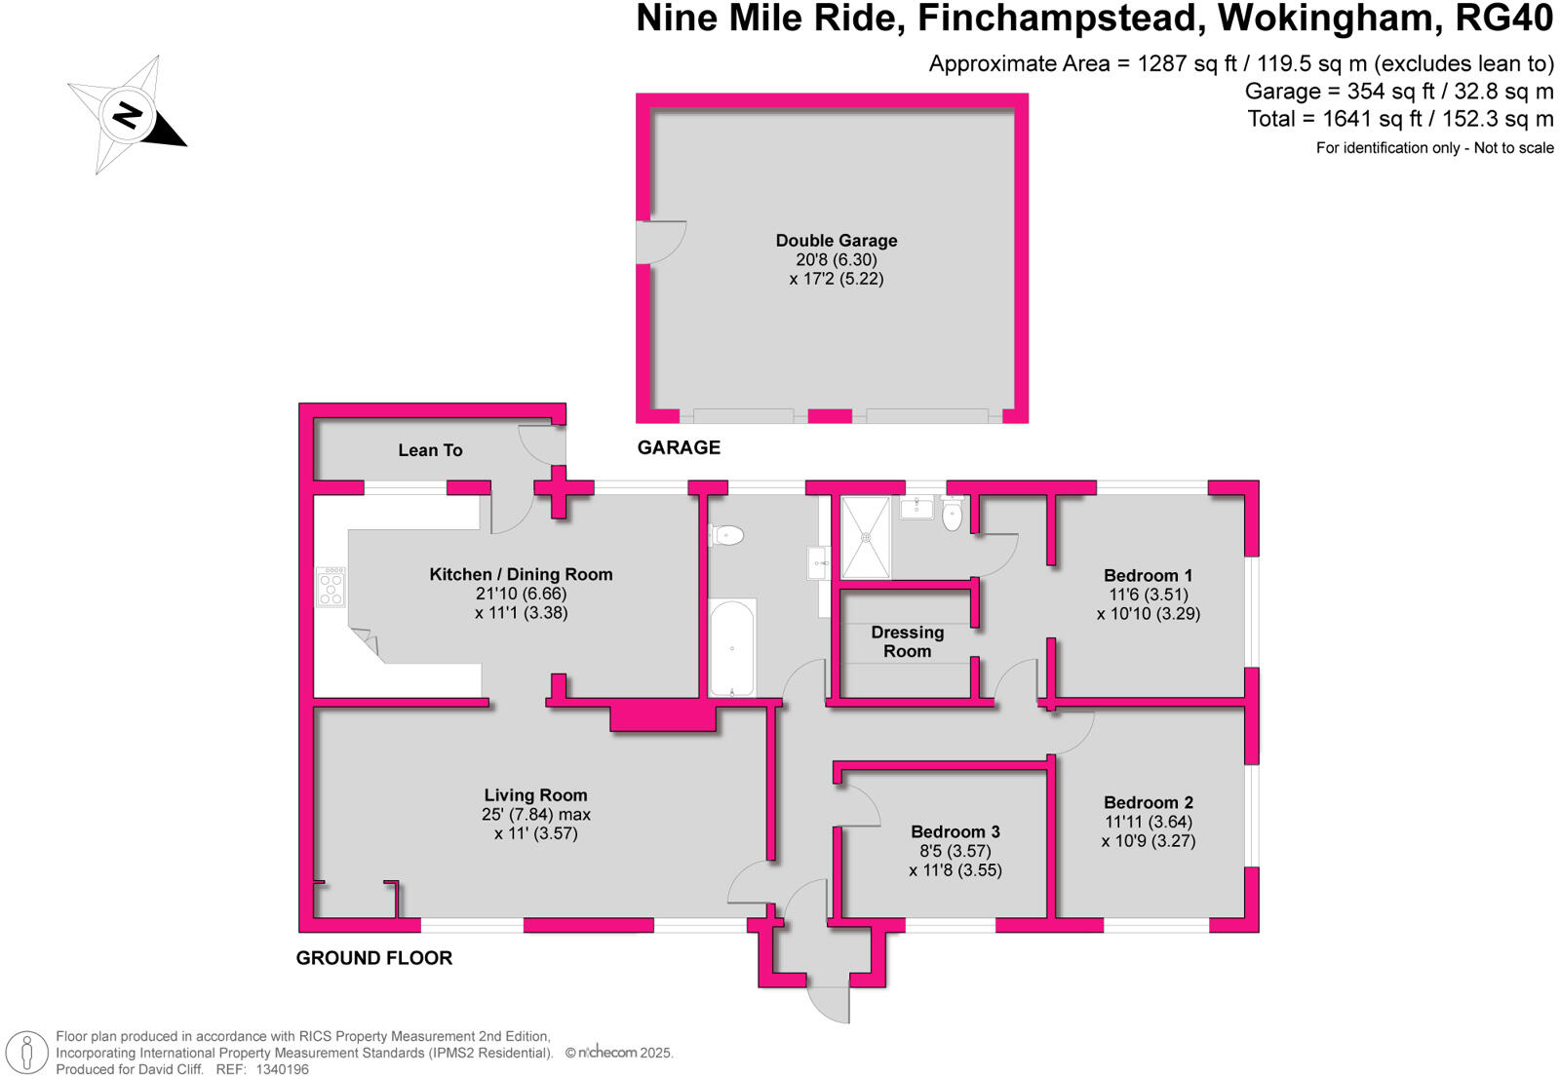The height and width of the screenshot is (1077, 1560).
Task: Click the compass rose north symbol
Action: (x=128, y=115)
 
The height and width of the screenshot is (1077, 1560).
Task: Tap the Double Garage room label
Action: (x=836, y=241)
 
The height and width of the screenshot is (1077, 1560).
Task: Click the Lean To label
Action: (x=430, y=450)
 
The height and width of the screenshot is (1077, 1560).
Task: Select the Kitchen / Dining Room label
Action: (x=521, y=575)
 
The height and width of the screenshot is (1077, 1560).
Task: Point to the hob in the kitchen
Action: (x=331, y=588)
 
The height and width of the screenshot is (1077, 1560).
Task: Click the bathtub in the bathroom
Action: (x=731, y=648)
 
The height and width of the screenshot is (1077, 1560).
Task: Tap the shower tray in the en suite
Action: (x=865, y=537)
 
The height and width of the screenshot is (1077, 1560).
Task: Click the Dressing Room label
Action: (x=907, y=642)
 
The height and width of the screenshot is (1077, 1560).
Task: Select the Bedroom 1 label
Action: (x=1148, y=576)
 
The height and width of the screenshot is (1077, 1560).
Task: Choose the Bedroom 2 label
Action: (x=1148, y=803)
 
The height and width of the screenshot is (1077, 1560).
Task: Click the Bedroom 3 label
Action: (x=955, y=832)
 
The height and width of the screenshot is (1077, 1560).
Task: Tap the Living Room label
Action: (x=535, y=795)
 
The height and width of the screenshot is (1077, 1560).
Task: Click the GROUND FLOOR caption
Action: (x=374, y=958)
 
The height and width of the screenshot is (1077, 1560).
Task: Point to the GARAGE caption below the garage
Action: (x=679, y=447)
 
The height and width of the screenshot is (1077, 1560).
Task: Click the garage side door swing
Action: (x=659, y=242)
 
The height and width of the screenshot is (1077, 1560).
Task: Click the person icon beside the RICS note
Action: (x=27, y=1053)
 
